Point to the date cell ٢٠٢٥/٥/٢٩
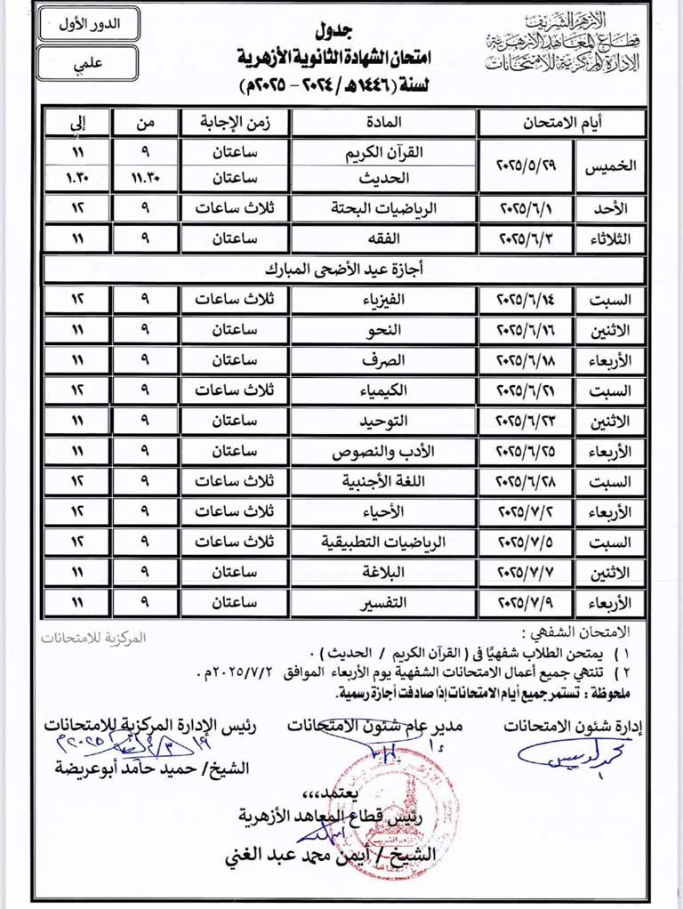[x=526, y=165]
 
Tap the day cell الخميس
[x=610, y=165]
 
